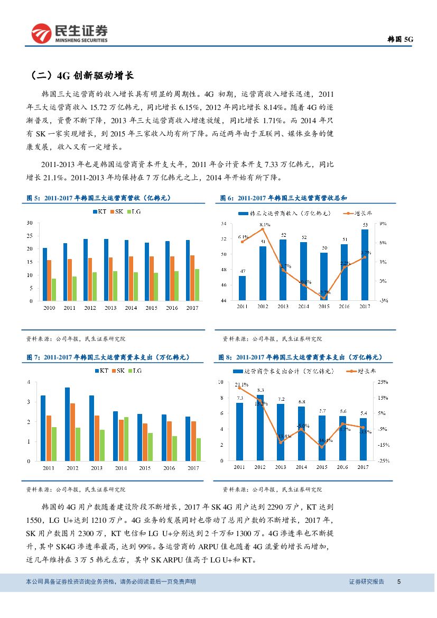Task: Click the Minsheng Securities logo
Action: click(x=69, y=34)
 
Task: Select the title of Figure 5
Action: click(x=99, y=198)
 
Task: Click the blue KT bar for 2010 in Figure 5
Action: click(x=45, y=274)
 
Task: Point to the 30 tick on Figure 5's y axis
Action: click(x=30, y=223)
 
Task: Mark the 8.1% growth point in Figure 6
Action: click(x=263, y=229)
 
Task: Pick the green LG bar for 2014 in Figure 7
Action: click(x=126, y=439)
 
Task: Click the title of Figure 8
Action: click(x=300, y=357)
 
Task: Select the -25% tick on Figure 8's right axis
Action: click(x=383, y=461)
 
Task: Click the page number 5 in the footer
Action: click(x=399, y=582)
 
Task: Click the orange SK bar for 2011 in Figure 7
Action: click(x=49, y=438)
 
